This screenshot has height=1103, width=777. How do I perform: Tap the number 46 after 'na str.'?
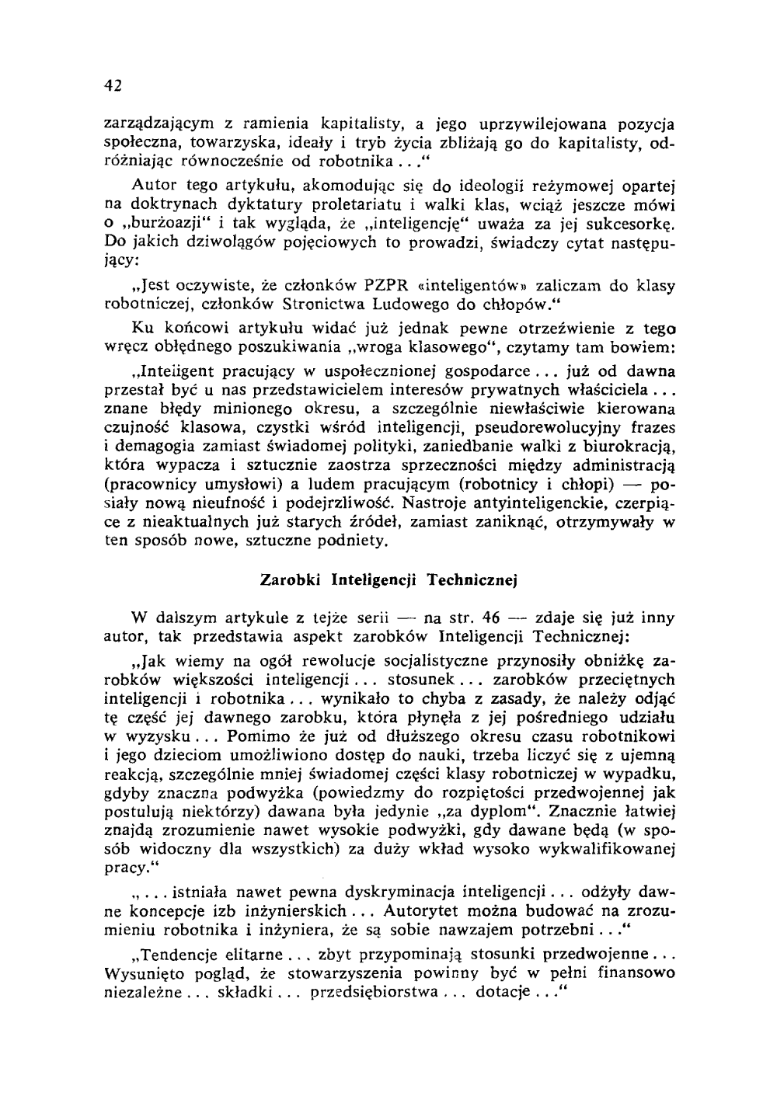pos(490,620)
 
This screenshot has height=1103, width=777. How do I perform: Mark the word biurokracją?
pos(627,447)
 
